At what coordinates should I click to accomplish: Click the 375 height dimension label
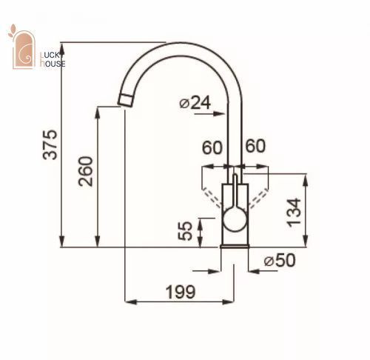pos(50,144)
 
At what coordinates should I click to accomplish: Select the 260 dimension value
pos(86,171)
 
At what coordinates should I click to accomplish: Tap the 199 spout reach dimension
pos(181,292)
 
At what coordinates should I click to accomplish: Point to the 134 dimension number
pos(294,212)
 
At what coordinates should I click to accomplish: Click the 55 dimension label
pos(185,231)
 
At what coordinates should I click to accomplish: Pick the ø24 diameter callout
pos(195,103)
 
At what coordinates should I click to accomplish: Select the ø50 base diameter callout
pos(280,260)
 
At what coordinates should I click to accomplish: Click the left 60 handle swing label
pos(212,147)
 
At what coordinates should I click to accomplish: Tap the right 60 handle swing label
pos(255,146)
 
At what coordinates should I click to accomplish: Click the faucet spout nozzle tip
pos(125,100)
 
